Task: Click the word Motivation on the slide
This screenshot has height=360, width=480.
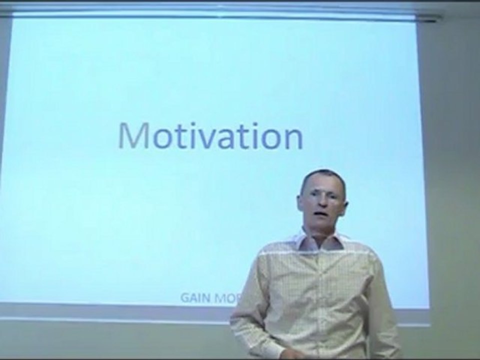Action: coord(210,135)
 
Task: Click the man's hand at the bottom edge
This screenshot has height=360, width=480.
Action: coord(295,354)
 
